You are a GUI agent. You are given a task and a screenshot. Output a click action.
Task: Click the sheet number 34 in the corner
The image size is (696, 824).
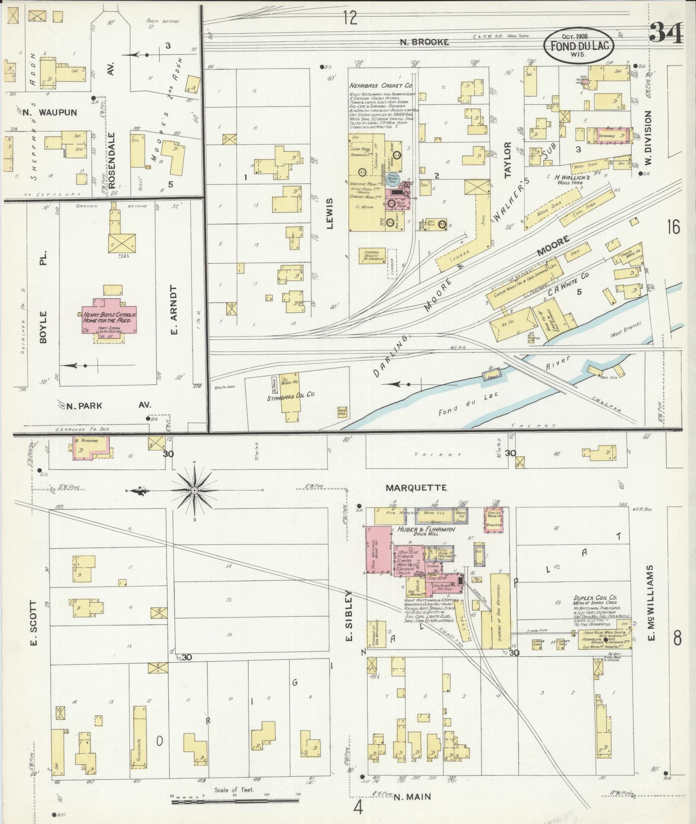666,32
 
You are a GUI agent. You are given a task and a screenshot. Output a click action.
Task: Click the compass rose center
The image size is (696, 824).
194,491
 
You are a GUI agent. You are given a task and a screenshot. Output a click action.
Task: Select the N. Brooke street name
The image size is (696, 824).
425,42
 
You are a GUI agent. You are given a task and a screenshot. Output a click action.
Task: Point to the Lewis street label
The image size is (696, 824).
329,214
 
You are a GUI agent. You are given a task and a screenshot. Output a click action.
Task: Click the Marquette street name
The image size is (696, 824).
416,488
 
